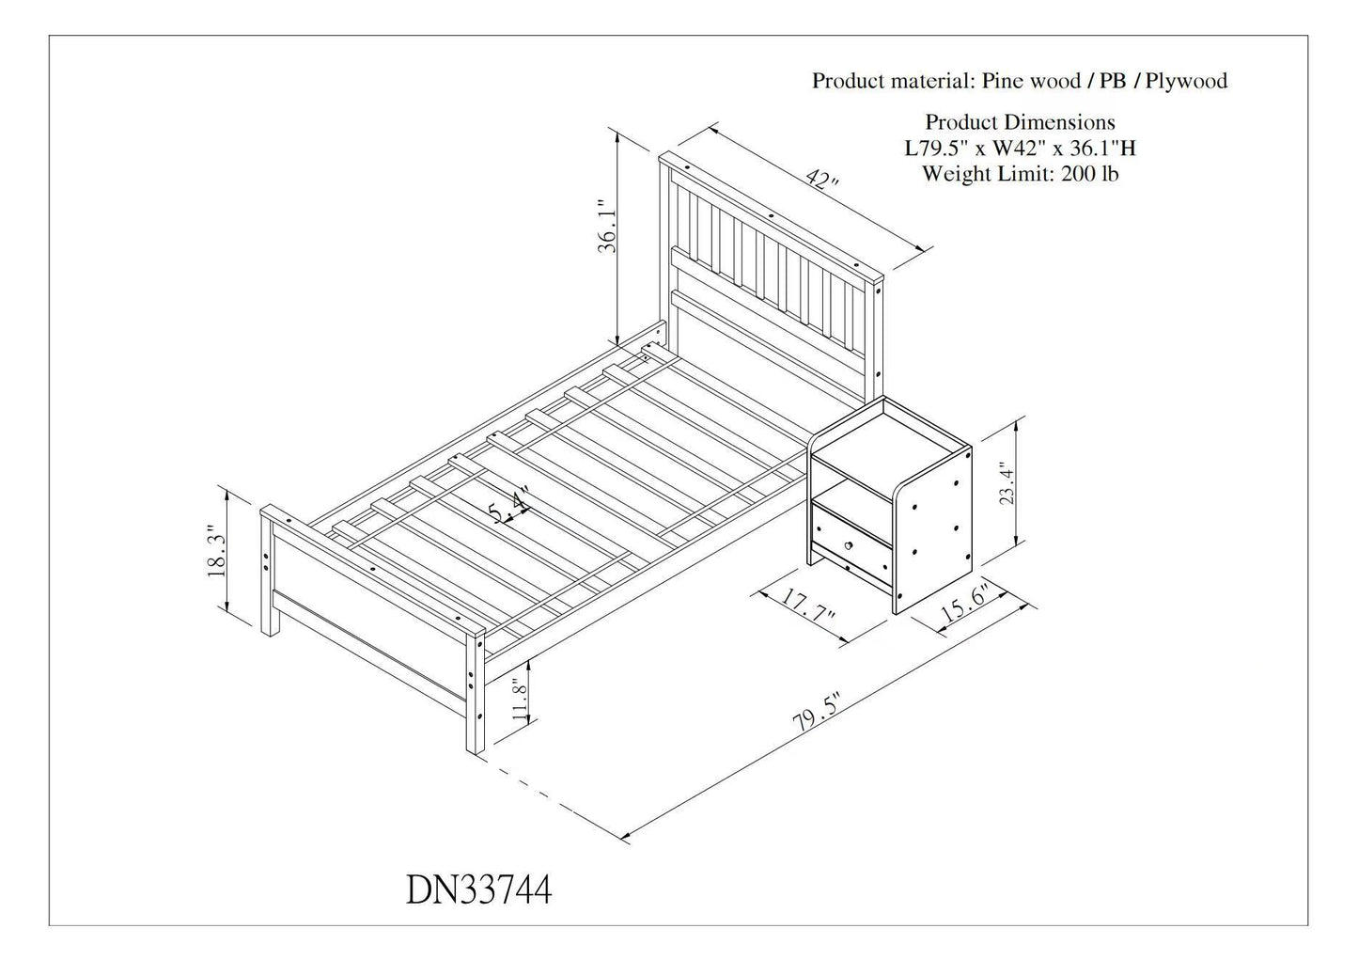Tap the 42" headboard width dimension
click(822, 180)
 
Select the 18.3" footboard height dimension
click(216, 550)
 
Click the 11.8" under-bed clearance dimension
click(521, 699)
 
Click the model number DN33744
click(479, 889)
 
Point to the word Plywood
click(1186, 81)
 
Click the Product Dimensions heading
click(1020, 122)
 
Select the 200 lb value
click(1089, 174)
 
